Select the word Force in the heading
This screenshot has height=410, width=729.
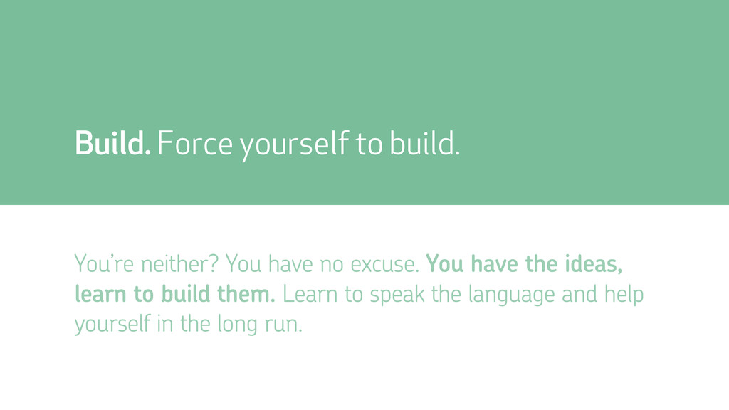(195, 143)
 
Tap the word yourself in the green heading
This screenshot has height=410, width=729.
(294, 145)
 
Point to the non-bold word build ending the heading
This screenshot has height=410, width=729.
(424, 142)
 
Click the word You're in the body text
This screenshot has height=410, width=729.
(104, 263)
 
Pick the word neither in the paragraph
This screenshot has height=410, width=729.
(179, 263)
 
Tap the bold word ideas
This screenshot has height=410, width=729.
(593, 263)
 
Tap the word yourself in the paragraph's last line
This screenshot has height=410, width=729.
(112, 325)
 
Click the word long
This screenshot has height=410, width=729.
(237, 325)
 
